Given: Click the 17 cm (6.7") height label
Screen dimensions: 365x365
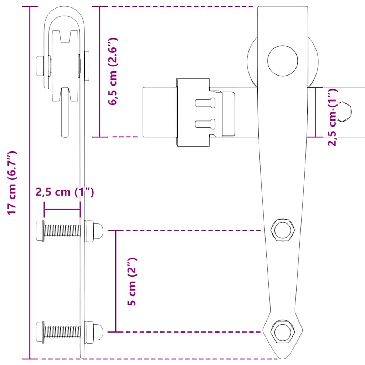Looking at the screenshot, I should (12, 183).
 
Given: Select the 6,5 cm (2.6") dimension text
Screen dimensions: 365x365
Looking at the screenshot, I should (113, 71).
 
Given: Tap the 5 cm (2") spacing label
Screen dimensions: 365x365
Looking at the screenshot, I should (132, 282).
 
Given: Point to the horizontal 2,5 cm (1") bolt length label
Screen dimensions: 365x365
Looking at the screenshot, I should (65, 192).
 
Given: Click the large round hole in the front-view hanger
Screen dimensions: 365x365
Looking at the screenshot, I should (283, 61).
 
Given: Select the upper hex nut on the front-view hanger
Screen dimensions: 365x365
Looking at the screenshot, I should (283, 230).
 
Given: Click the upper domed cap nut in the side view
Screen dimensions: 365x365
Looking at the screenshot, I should (94, 231).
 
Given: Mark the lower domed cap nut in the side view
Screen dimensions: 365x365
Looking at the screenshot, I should (94, 331).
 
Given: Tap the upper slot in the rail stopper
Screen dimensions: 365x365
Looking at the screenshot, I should (206, 103).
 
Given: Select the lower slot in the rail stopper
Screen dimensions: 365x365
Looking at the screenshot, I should (206, 124).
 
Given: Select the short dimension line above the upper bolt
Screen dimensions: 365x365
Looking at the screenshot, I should (62, 209).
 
